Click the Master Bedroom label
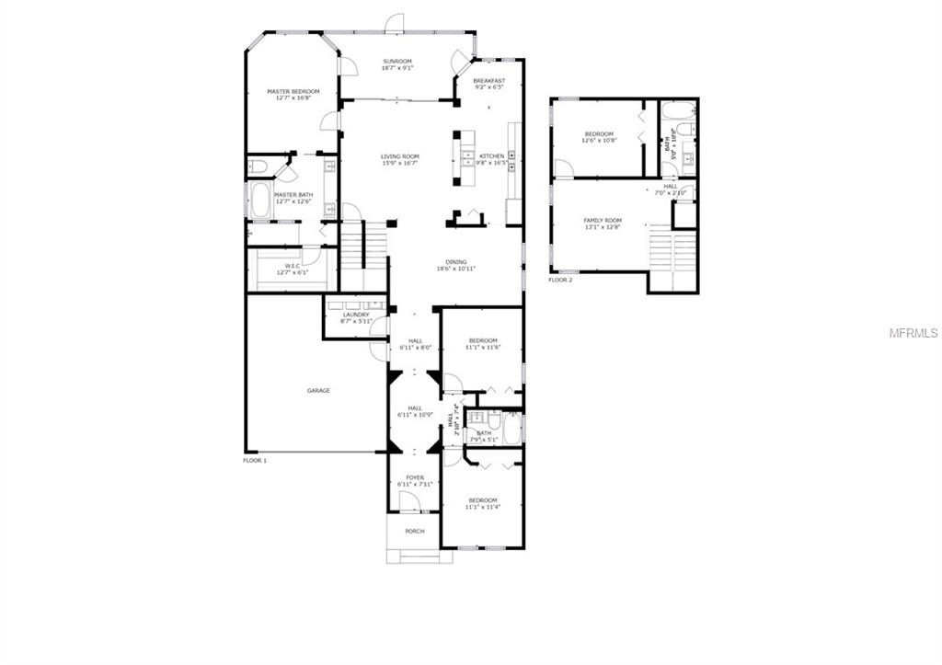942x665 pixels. pyautogui.click(x=293, y=92)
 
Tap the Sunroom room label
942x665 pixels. pyautogui.click(x=397, y=62)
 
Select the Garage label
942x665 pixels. pyautogui.click(x=318, y=391)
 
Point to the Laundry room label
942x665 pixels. pyautogui.click(x=354, y=315)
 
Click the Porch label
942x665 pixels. pyautogui.click(x=415, y=531)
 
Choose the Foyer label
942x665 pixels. pyautogui.click(x=415, y=477)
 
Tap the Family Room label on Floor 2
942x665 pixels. pyautogui.click(x=603, y=221)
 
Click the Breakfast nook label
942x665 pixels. pyautogui.click(x=489, y=81)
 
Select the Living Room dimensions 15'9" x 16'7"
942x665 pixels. pyautogui.click(x=400, y=164)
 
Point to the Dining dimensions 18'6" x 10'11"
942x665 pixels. pyautogui.click(x=456, y=269)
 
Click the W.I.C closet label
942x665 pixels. pyautogui.click(x=293, y=266)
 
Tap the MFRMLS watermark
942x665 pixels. pyautogui.click(x=913, y=333)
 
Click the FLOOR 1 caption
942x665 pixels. pyautogui.click(x=255, y=459)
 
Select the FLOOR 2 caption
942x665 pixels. pyautogui.click(x=560, y=280)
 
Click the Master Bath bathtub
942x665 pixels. pyautogui.click(x=260, y=202)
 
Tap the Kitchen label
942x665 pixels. pyautogui.click(x=492, y=156)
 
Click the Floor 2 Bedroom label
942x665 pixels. pyautogui.click(x=599, y=134)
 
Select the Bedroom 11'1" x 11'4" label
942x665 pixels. pyautogui.click(x=482, y=500)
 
